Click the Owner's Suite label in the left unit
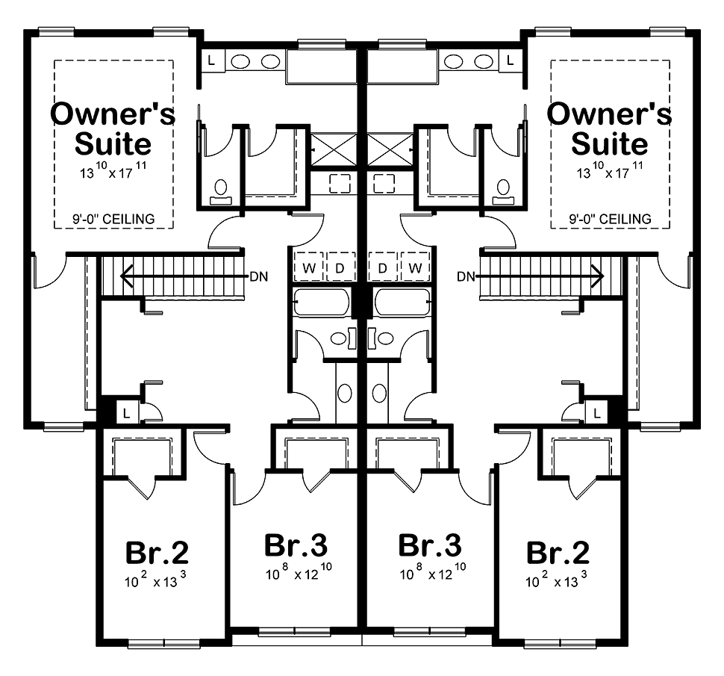113,128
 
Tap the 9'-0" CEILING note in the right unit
610,219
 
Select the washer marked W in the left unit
309,267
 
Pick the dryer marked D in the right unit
382,267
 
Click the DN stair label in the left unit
258,277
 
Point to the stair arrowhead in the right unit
599,276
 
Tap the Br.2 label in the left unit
157,552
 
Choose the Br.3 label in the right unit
429,545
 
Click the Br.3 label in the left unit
296,545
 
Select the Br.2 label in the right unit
558,552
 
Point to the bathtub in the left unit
322,303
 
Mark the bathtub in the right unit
402,303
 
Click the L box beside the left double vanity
212,61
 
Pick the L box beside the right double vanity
511,61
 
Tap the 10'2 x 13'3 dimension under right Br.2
556,580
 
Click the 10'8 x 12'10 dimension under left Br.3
299,572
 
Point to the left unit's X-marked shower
334,150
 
